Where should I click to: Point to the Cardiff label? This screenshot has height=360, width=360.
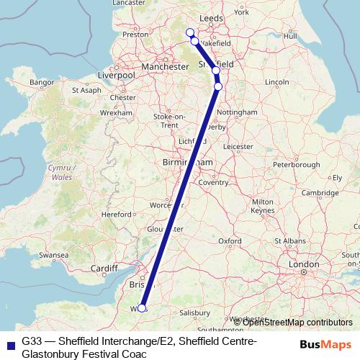click(x=104, y=269)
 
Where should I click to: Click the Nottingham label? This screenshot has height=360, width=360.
click(x=237, y=113)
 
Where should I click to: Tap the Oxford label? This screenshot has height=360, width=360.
click(x=230, y=240)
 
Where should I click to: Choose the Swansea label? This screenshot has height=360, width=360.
click(x=53, y=255)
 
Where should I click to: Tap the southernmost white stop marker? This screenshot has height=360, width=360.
click(x=142, y=308)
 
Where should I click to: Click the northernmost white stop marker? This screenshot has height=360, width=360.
click(x=190, y=32)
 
